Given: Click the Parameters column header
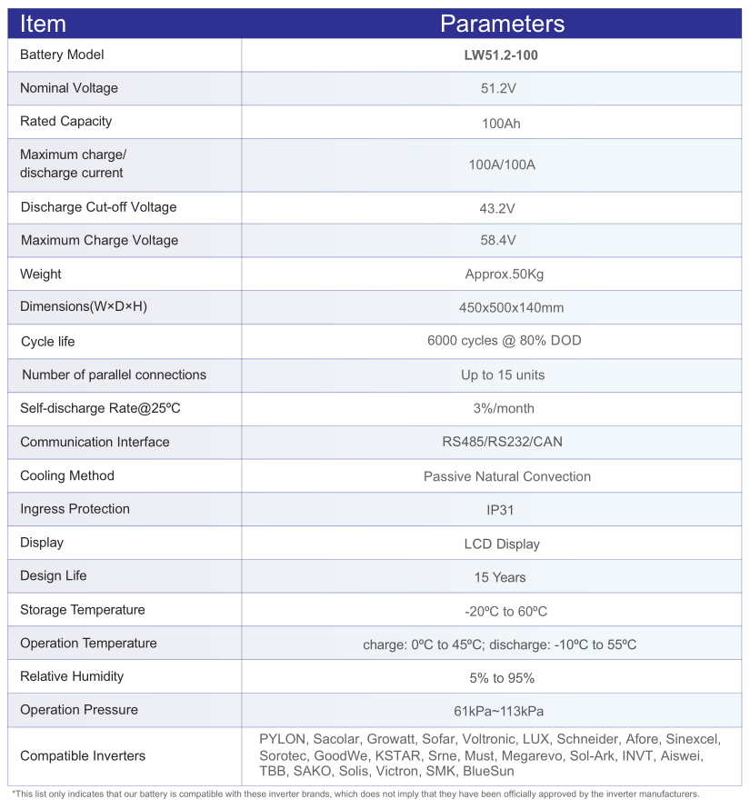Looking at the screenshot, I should (x=502, y=24).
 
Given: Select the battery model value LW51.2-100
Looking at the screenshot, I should (x=501, y=55).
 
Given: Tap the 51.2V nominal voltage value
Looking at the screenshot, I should (x=501, y=89).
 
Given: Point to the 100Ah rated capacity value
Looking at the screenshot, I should (x=501, y=124).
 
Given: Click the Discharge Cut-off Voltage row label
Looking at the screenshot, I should (x=98, y=207).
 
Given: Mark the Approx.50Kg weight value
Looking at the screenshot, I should (x=504, y=275).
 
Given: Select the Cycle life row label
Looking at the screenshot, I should (x=48, y=342).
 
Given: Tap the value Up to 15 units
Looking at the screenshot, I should (x=503, y=375).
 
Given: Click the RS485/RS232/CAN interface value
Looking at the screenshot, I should (x=502, y=443).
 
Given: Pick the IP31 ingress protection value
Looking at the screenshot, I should (x=501, y=510).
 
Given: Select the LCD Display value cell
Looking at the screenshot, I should (x=502, y=544).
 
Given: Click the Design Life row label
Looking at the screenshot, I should (x=54, y=575).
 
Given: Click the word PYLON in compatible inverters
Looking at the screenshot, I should (x=282, y=740).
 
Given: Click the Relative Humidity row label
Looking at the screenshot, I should (x=72, y=676).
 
